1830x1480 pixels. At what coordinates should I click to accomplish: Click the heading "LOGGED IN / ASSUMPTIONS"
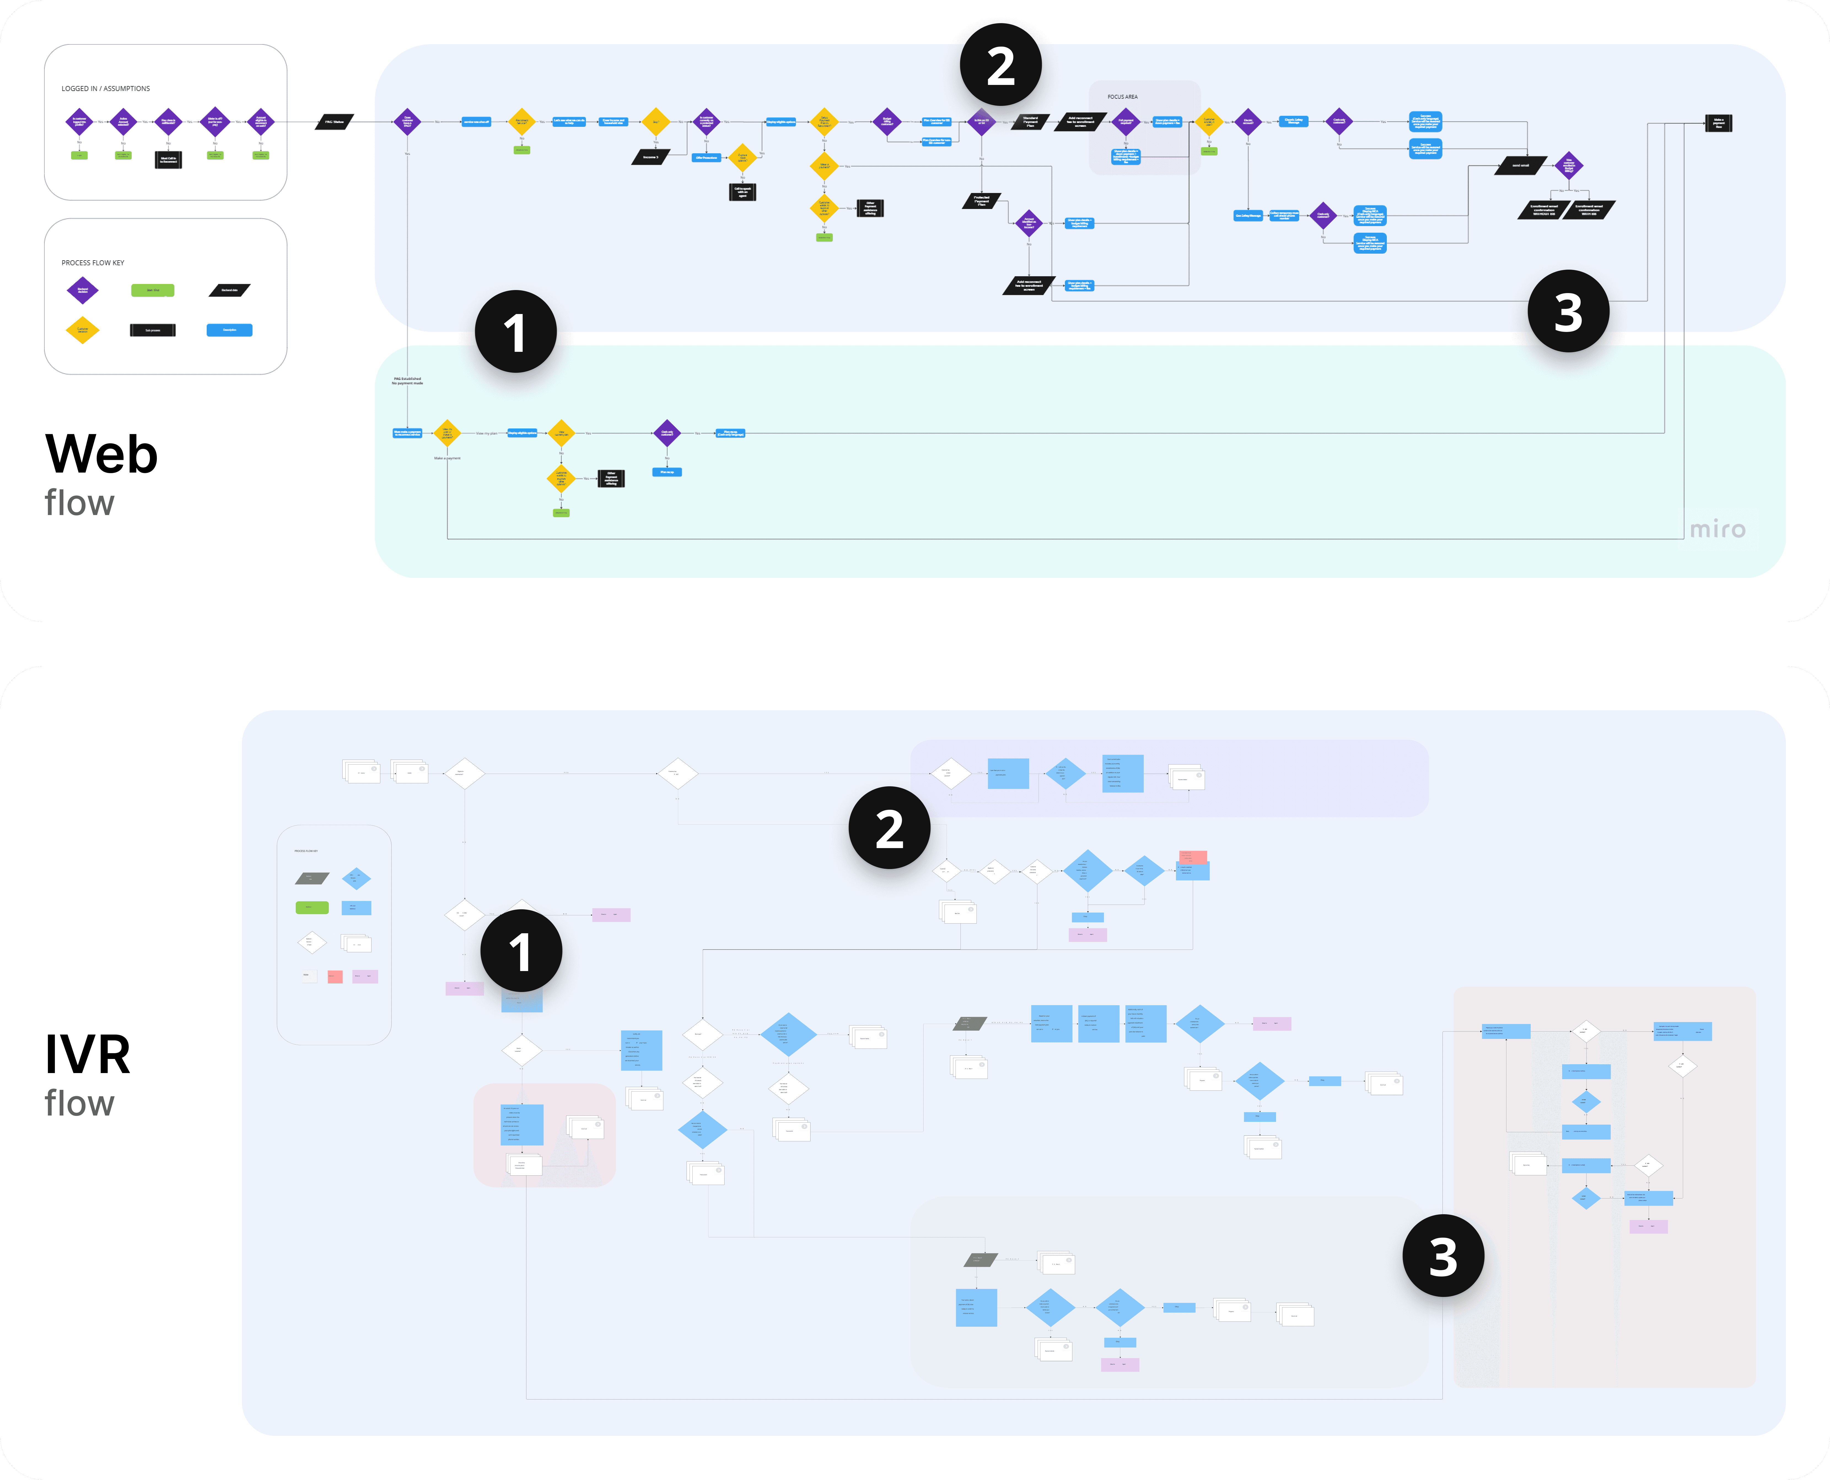(x=106, y=89)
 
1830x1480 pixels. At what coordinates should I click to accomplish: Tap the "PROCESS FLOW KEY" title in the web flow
(x=93, y=262)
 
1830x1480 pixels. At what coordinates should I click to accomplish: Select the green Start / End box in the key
(x=153, y=291)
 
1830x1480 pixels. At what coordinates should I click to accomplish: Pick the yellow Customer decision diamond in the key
(x=83, y=330)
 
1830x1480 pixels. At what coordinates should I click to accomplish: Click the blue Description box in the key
(x=229, y=330)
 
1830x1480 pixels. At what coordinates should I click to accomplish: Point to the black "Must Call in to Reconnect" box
(x=169, y=159)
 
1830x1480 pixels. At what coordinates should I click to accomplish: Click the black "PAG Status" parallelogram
(x=334, y=122)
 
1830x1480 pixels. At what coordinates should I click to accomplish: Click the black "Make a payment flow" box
(x=1718, y=123)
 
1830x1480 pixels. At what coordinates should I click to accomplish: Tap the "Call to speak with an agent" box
(x=742, y=192)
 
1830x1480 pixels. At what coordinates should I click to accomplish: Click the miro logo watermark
(x=1718, y=529)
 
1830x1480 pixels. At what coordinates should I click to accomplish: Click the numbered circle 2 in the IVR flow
(x=889, y=828)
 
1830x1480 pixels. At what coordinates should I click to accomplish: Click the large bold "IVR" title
(x=88, y=1055)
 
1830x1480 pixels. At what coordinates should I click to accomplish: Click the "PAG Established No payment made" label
(x=407, y=381)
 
